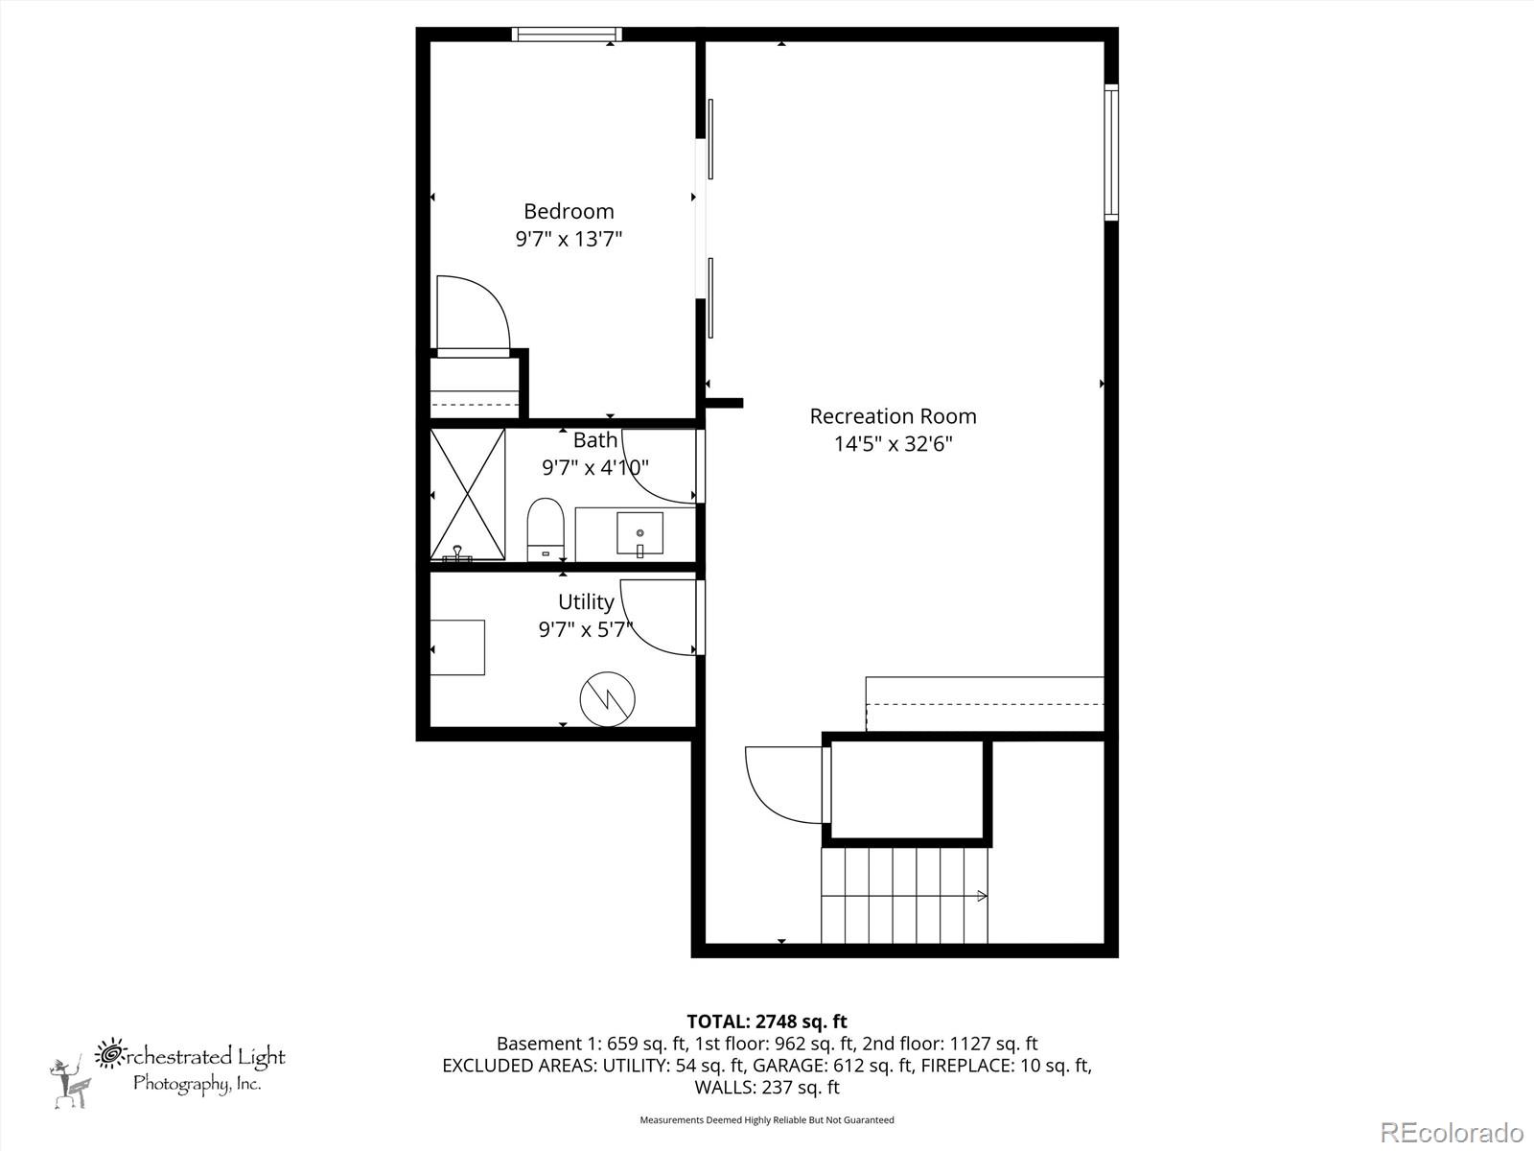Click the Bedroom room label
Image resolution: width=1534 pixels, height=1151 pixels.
coord(569,211)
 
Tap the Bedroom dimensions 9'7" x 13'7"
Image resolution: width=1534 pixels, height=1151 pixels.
coord(569,239)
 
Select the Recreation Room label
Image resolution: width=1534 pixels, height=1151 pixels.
coord(893,416)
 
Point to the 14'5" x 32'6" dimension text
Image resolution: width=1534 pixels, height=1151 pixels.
coord(893,444)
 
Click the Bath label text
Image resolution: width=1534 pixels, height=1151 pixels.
coord(594,440)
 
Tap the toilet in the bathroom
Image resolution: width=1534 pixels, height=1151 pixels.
coord(545,530)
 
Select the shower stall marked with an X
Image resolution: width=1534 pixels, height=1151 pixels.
coord(468,493)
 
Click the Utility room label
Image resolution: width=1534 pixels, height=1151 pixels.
coord(586,602)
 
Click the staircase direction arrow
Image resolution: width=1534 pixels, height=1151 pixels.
coord(980,896)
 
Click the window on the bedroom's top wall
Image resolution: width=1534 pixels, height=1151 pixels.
coord(566,35)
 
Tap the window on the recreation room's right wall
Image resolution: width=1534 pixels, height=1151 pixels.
coord(1111,152)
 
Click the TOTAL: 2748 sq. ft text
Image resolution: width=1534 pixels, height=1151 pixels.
coord(766,1022)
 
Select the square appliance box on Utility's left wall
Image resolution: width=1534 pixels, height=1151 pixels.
coord(457,647)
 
